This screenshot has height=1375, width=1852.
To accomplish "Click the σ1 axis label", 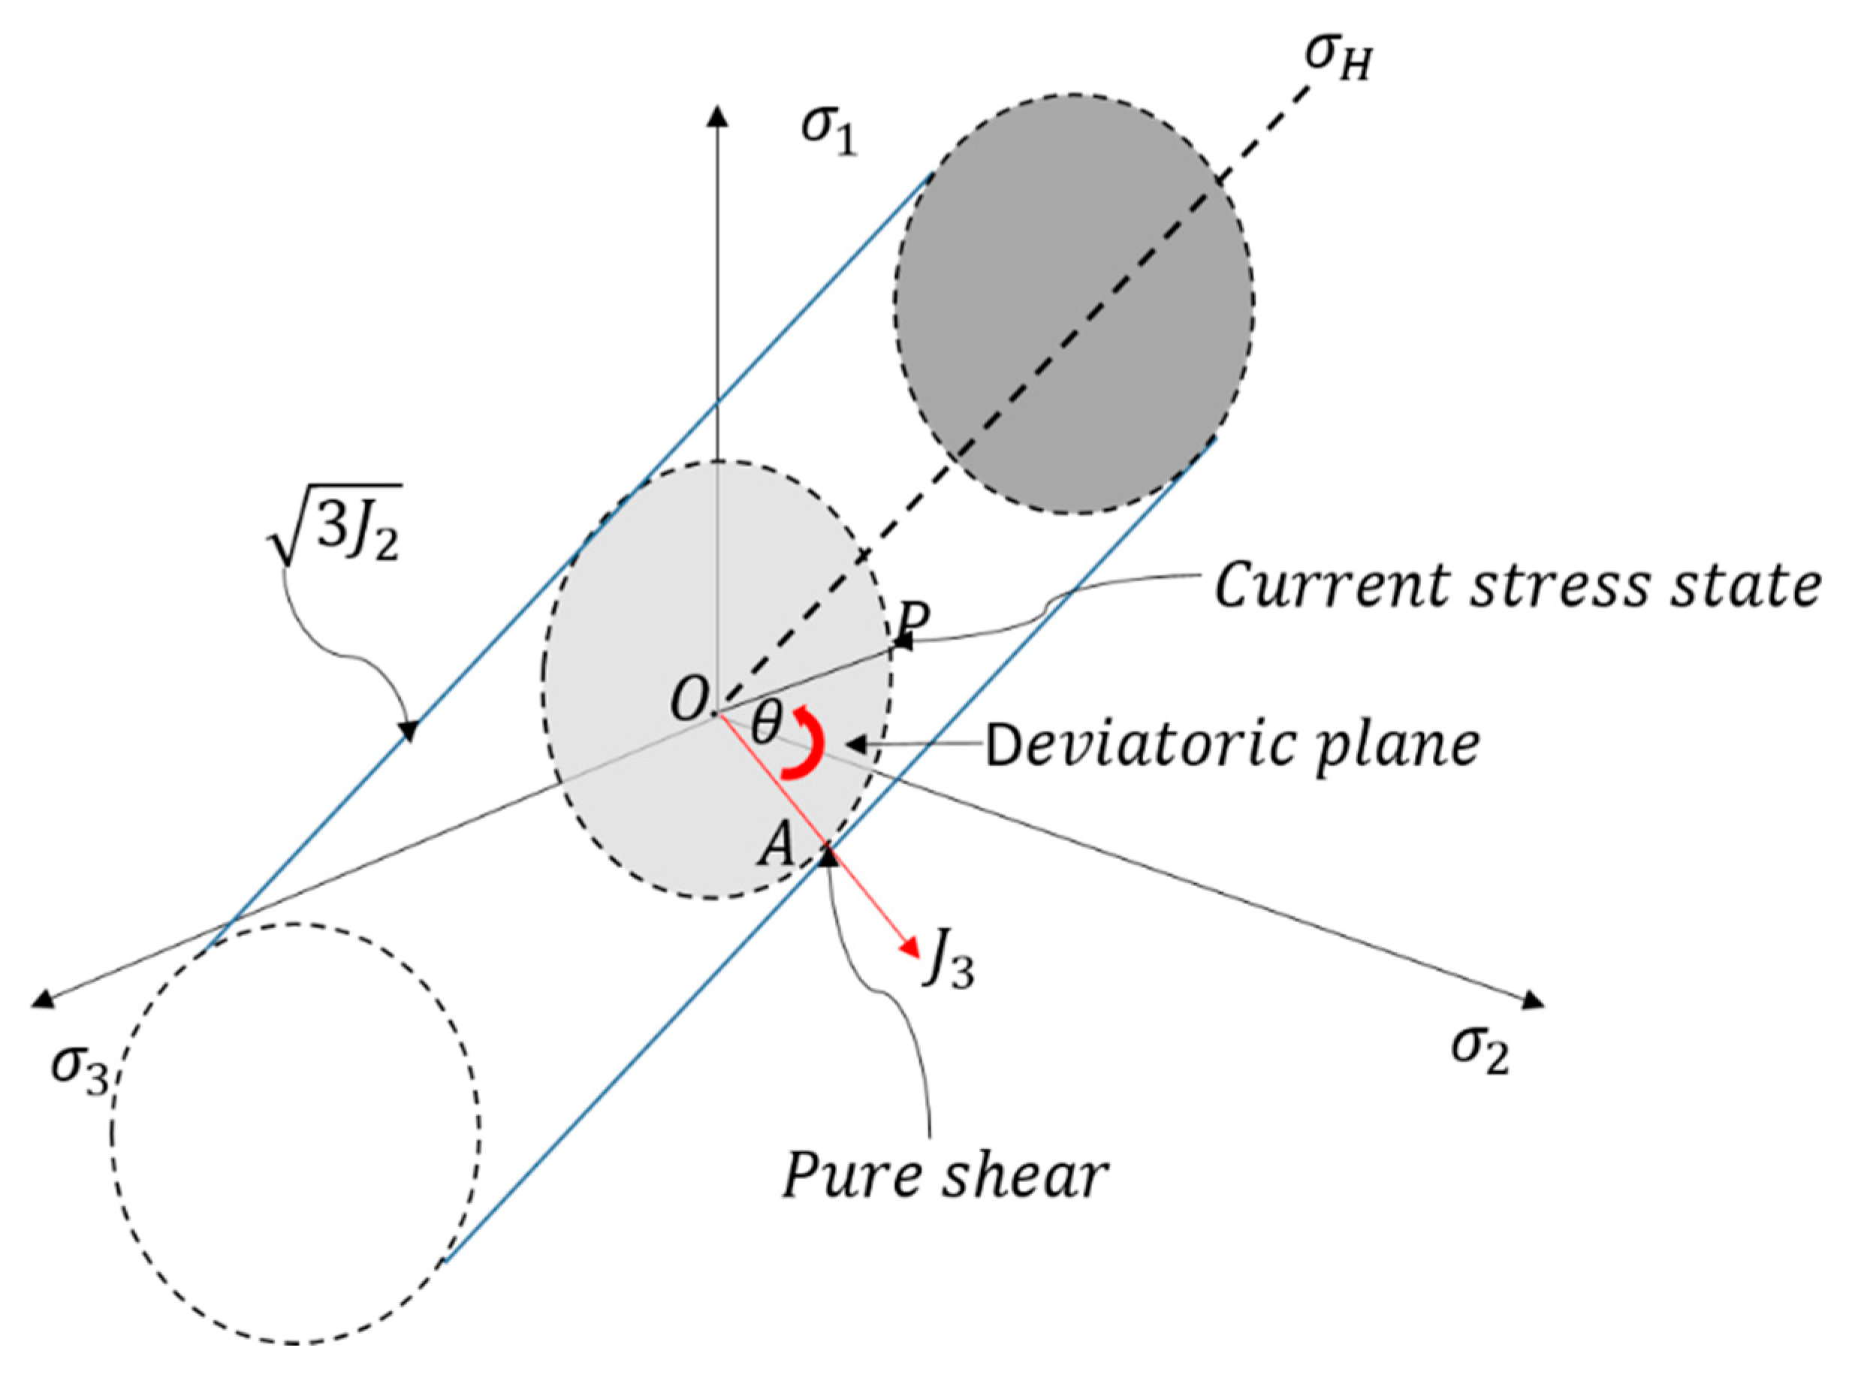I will [828, 130].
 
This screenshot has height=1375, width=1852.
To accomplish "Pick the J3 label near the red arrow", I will [948, 965].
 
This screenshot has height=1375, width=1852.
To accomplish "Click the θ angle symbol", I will [766, 724].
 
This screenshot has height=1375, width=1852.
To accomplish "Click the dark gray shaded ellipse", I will [1074, 304].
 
